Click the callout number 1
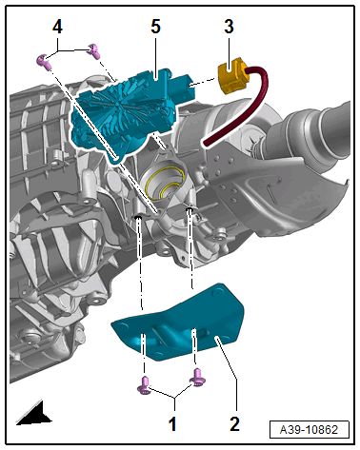click(172, 423)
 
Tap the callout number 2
click(234, 423)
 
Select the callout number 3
click(229, 26)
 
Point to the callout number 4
click(57, 27)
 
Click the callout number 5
click(155, 26)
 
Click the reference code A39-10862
click(309, 430)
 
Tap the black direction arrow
click(35, 413)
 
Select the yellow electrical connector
click(232, 76)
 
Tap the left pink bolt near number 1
click(144, 384)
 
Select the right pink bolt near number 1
click(197, 378)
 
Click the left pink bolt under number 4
click(45, 61)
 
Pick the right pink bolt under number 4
click(94, 50)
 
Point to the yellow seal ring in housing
click(164, 183)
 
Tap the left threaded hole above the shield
click(138, 217)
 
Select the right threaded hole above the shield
click(190, 209)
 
